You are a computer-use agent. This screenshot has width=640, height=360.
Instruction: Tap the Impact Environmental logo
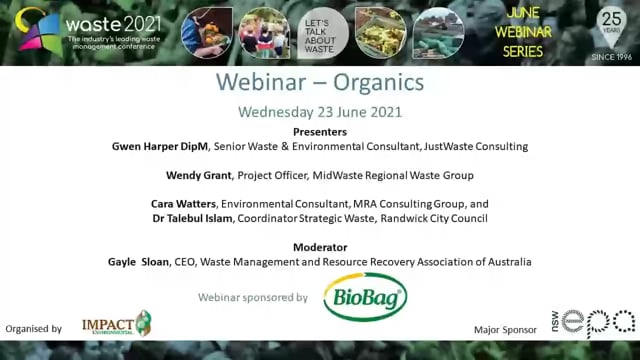(116, 323)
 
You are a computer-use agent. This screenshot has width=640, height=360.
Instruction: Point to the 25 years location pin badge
(610, 28)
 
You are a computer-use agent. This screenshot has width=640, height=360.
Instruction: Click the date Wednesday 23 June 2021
(319, 112)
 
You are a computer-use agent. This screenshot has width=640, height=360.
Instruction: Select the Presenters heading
(320, 131)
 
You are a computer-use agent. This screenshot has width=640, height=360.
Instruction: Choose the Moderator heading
(320, 246)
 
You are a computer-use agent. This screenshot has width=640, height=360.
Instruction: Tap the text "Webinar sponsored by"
(253, 297)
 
